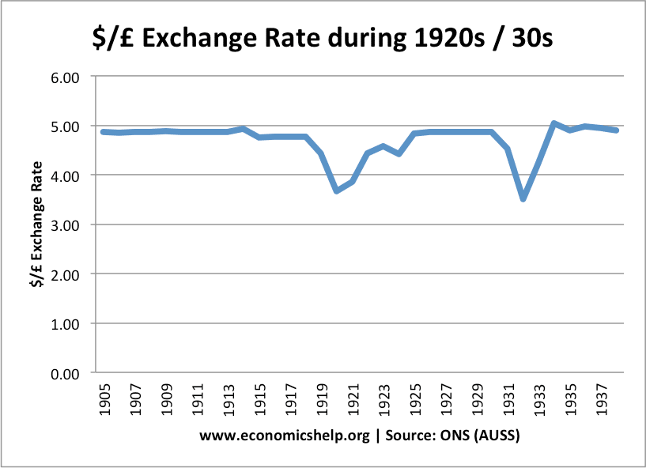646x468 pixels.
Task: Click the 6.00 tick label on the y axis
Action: point(65,77)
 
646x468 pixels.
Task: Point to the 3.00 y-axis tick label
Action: point(65,225)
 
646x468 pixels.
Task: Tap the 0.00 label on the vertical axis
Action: point(65,374)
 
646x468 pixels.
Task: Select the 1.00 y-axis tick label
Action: point(65,325)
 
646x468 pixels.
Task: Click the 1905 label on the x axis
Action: point(105,399)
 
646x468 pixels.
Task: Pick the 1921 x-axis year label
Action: point(353,399)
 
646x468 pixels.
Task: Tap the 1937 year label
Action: point(602,399)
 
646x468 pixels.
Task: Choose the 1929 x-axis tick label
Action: point(478,399)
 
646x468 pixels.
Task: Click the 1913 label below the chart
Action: point(229,399)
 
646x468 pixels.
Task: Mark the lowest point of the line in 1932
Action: point(523,199)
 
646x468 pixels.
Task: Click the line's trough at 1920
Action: point(337,191)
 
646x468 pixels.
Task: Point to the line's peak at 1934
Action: point(554,123)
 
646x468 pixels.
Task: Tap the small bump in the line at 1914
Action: point(244,129)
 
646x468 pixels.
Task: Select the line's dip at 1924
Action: point(399,153)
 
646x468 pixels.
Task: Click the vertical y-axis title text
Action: point(36,225)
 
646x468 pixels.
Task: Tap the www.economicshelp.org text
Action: point(285,436)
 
